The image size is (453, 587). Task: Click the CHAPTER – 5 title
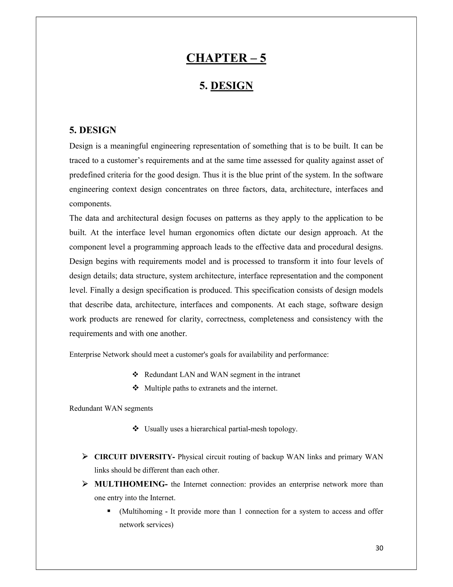226,58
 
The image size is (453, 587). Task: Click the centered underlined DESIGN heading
232,86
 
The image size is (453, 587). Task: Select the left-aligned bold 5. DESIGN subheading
93,130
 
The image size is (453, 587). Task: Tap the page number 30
379,548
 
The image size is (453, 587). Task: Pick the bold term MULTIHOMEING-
131,484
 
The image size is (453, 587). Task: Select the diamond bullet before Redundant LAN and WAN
135,374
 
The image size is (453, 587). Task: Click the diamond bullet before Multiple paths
135,388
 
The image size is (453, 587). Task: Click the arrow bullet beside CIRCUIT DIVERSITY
85,457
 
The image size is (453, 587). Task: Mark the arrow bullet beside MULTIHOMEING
85,484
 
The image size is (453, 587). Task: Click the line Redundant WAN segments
111,408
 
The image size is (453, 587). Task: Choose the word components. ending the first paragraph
90,204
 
